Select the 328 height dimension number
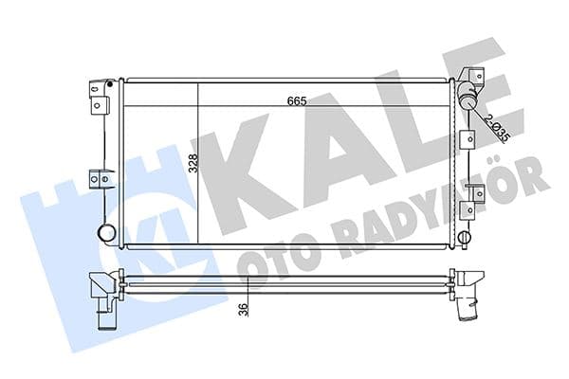pos(193,163)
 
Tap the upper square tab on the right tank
pos(466,139)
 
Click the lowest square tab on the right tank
pos(465,209)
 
